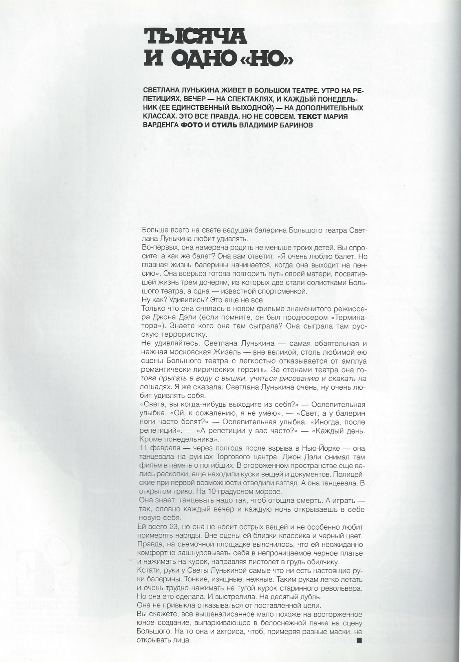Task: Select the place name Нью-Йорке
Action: coord(321,448)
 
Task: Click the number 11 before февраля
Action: coord(143,448)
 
